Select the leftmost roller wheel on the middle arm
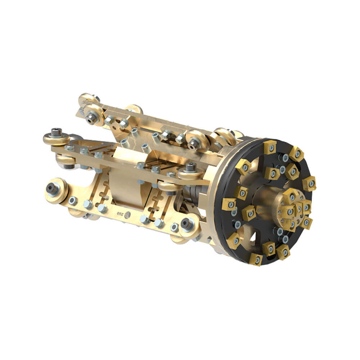57,138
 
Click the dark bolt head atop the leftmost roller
56,132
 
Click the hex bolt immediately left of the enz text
102,208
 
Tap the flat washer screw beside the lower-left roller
73,201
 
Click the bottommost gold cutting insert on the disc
256,259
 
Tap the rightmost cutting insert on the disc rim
309,183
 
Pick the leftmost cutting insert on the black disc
229,204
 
